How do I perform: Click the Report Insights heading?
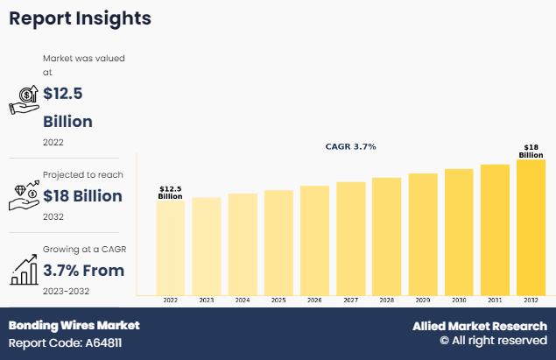click(x=80, y=18)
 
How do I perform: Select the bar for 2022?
click(x=170, y=248)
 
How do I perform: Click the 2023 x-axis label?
click(x=207, y=300)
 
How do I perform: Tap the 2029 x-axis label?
click(x=423, y=300)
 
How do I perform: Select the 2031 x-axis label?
click(x=495, y=300)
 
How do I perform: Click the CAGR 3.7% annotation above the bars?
click(x=350, y=146)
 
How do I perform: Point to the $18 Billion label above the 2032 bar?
click(x=531, y=151)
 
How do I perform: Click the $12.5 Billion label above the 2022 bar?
click(x=170, y=193)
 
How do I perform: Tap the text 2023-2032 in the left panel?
click(x=66, y=291)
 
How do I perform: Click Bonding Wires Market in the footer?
click(x=74, y=325)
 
